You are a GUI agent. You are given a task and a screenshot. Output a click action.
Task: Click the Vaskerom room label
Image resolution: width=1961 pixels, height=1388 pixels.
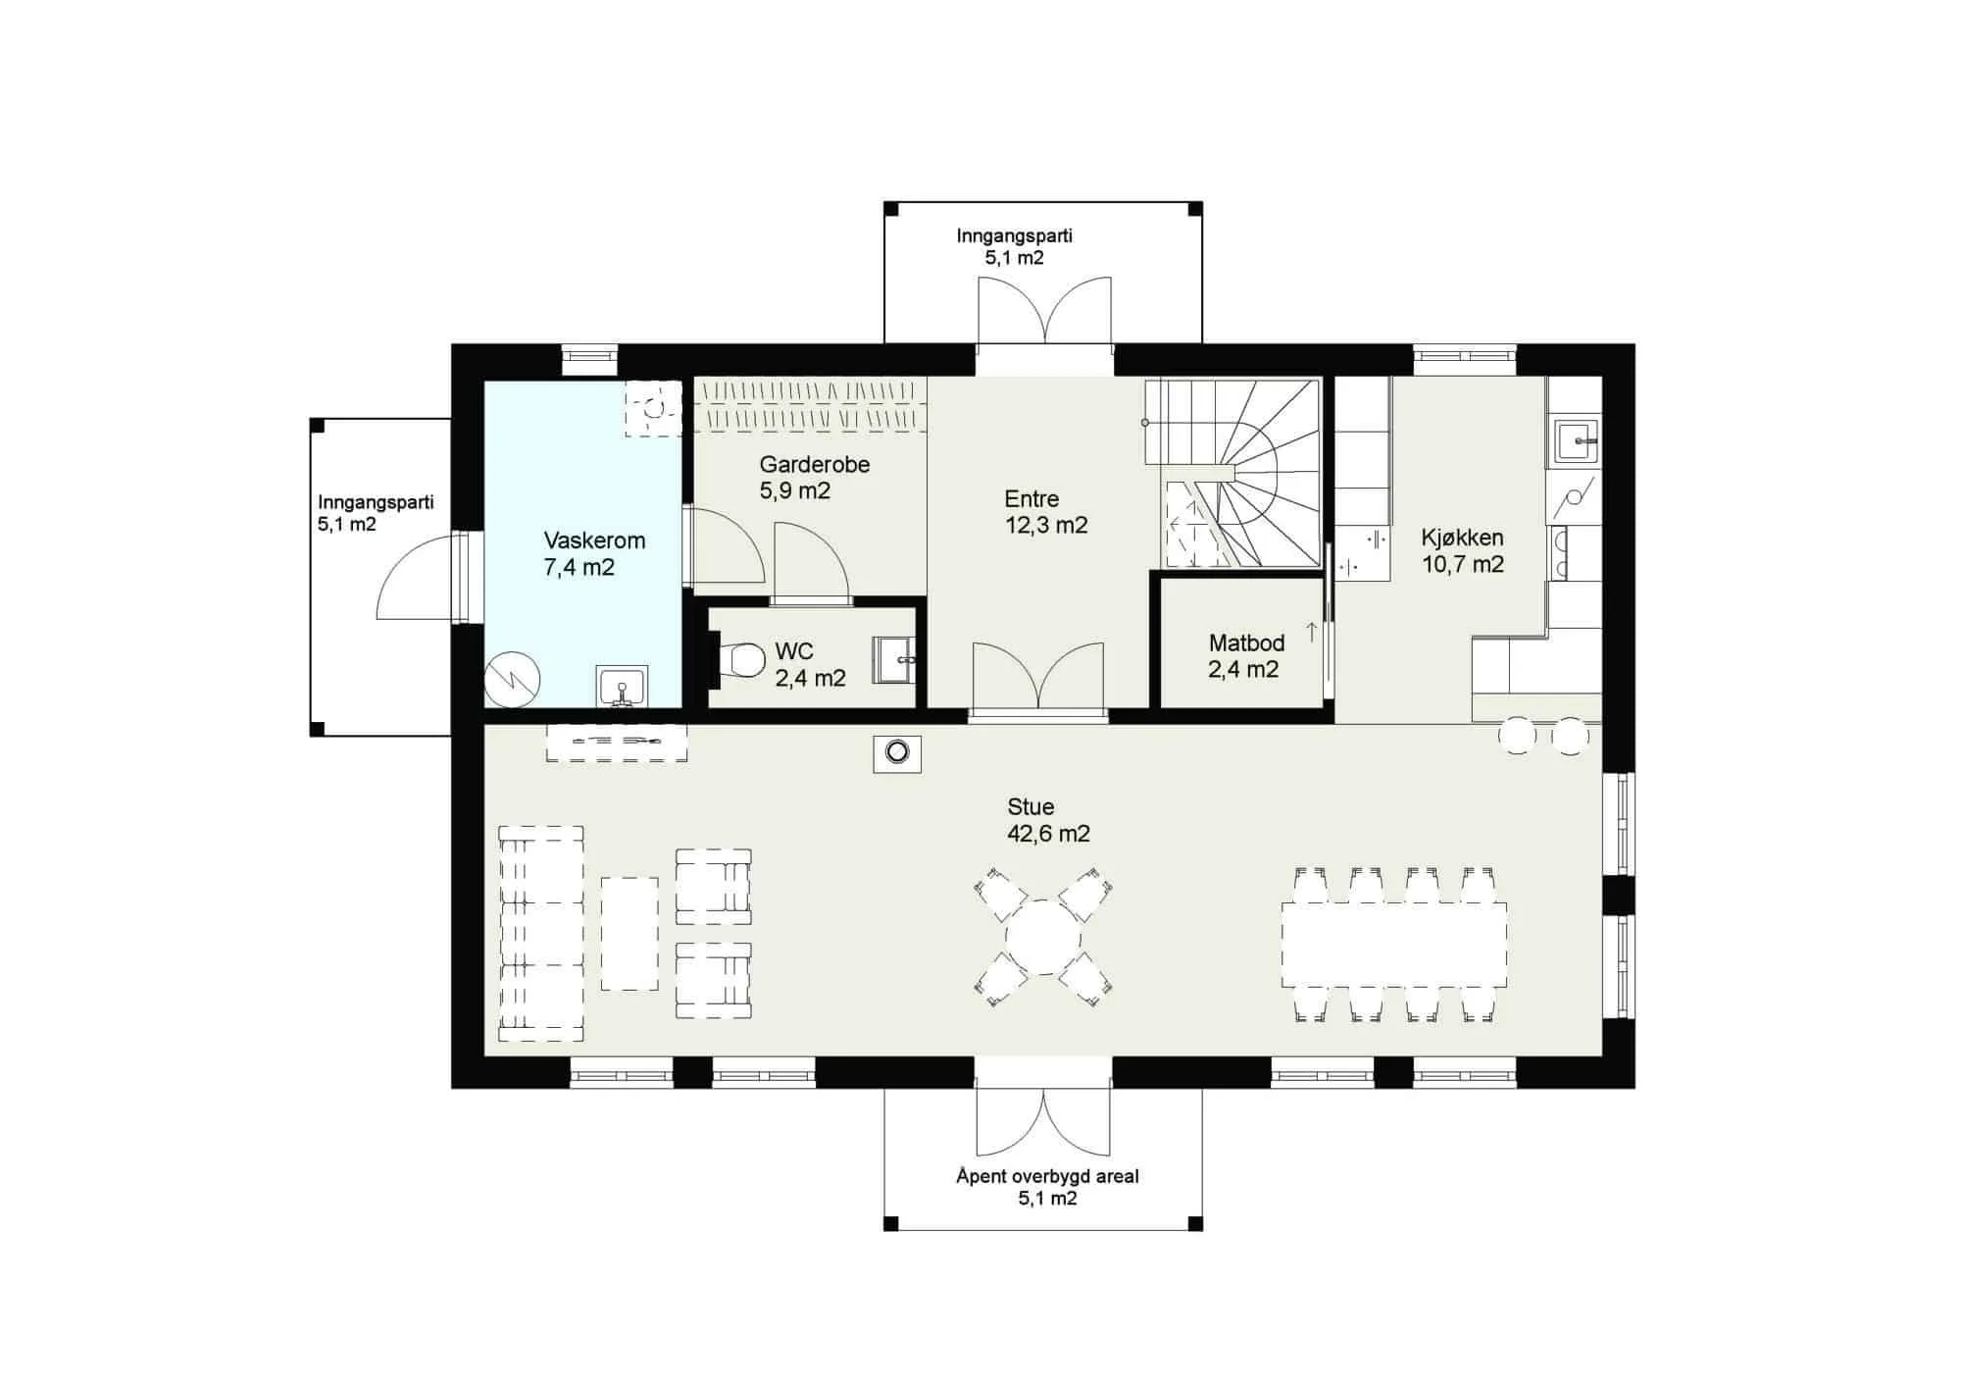pos(594,540)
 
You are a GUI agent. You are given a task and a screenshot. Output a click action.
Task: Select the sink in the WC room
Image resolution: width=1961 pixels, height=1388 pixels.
pos(893,658)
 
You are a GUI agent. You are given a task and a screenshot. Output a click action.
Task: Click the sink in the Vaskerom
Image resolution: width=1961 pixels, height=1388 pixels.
pos(622,686)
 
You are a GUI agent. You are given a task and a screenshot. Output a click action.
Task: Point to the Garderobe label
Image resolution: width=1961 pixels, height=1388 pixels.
pos(814,465)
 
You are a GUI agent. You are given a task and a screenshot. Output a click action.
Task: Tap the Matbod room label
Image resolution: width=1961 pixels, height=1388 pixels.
pos(1246,643)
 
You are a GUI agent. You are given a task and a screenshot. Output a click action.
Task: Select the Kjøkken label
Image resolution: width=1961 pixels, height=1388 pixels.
pos(1462,538)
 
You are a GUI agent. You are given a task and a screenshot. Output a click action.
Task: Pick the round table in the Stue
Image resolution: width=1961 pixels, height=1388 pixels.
pos(1043,937)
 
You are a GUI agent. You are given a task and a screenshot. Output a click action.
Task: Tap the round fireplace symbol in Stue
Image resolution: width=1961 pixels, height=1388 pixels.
pos(897,753)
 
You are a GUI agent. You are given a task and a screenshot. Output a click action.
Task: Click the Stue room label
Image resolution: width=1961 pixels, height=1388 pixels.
pos(1031,807)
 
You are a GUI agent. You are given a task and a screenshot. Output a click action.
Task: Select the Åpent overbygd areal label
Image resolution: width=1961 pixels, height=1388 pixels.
pos(1047,1176)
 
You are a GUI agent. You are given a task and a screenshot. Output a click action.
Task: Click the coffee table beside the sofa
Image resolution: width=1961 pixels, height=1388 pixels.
pos(629,933)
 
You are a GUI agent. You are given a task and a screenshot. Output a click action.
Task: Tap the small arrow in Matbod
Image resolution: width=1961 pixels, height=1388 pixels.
pos(1311,633)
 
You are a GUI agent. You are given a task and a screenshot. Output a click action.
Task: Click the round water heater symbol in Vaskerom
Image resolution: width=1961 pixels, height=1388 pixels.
pos(512,679)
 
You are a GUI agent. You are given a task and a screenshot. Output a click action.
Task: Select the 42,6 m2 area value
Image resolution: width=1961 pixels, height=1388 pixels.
pos(1048,834)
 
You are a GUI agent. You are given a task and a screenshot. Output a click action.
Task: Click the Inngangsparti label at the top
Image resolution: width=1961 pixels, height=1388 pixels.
pos(1014,235)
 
